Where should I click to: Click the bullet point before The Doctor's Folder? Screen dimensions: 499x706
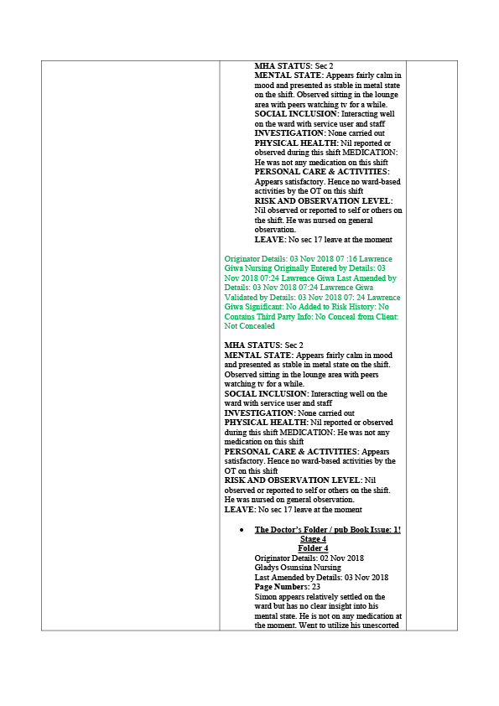[242, 530]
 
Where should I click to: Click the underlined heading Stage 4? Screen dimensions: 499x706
[313, 539]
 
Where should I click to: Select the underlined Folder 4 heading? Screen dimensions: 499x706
[313, 548]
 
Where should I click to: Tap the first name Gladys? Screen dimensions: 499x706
[266, 568]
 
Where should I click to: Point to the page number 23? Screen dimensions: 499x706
[315, 587]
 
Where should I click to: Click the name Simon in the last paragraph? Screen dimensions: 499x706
[265, 597]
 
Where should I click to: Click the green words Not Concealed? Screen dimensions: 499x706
[250, 326]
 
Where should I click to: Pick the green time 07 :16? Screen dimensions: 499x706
[346, 259]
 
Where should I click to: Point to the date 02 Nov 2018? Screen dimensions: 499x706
[342, 558]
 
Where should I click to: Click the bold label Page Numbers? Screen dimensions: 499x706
[282, 587]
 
